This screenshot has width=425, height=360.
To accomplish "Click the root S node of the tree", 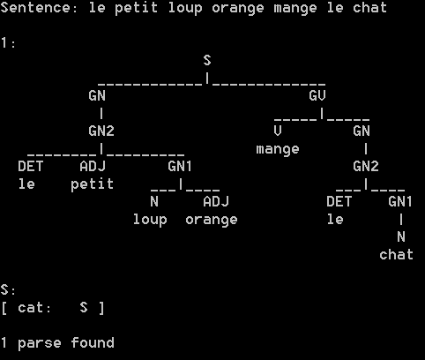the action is (x=207, y=60).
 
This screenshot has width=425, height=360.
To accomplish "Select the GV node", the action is (x=317, y=95).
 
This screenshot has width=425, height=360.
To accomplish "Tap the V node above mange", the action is (x=278, y=131).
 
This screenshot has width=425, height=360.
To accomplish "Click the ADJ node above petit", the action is (x=93, y=166).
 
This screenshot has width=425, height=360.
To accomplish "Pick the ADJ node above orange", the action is (x=216, y=201).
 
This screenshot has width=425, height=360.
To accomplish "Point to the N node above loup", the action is (x=154, y=201).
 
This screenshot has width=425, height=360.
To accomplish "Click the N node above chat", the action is (x=401, y=236).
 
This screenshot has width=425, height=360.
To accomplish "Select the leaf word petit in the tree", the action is (x=93, y=184).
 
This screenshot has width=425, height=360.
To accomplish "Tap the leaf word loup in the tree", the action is (x=150, y=220).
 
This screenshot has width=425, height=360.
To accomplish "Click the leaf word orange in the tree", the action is (x=212, y=220).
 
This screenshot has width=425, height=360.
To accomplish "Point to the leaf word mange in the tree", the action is (x=278, y=149).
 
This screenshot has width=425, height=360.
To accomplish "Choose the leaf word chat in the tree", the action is (x=396, y=254).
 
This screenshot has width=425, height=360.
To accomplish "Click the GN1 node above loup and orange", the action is (x=180, y=166).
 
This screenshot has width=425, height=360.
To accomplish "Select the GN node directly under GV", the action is (x=362, y=131).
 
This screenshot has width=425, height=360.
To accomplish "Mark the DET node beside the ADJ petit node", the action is (x=31, y=166).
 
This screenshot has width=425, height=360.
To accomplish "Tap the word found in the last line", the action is (x=93, y=342).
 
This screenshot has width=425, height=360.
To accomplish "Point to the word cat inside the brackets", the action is (x=34, y=308).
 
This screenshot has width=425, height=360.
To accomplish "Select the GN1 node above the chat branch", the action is (x=400, y=201).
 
